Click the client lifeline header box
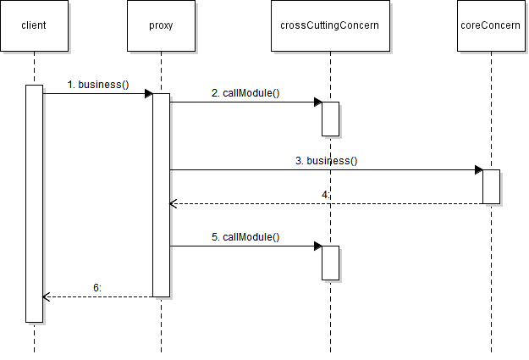coord(34,25)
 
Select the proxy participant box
coord(161,25)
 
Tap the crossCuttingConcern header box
coord(330,25)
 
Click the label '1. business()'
coord(98,85)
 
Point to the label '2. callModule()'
coord(245,93)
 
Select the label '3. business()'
coord(327,161)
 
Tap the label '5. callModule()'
coord(245,237)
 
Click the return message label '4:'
coord(326,195)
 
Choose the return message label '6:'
coord(97,288)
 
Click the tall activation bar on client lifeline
coord(34,203)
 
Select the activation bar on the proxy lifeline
coord(161,195)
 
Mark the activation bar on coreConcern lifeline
coord(491,186)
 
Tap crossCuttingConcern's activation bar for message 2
coord(330,119)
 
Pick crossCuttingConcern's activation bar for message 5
coord(330,263)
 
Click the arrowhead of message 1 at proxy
coord(148,93)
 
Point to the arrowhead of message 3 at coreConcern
coord(478,169)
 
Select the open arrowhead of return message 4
coord(173,203)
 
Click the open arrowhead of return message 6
coord(46,296)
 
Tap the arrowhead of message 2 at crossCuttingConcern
coord(317,102)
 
